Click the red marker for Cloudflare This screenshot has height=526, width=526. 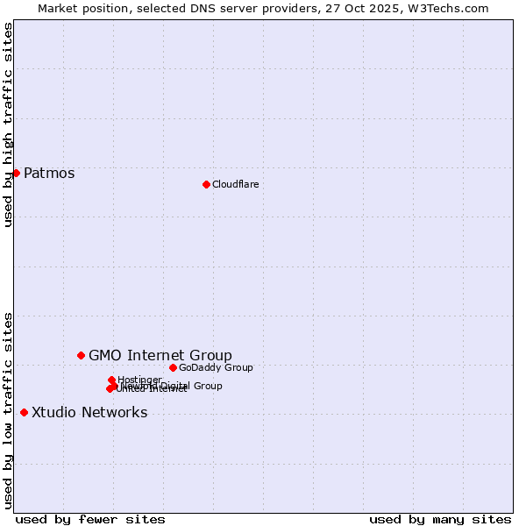click(206, 184)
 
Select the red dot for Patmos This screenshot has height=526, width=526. click(16, 173)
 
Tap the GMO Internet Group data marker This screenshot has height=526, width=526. click(81, 355)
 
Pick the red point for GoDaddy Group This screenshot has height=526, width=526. click(173, 367)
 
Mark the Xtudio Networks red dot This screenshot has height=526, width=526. click(24, 412)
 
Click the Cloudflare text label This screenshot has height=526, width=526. click(235, 184)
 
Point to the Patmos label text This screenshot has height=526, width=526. click(49, 173)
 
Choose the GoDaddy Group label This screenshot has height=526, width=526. click(216, 367)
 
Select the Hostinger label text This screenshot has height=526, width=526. click(140, 380)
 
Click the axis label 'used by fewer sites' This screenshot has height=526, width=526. click(90, 519)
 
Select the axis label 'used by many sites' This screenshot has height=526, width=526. click(440, 519)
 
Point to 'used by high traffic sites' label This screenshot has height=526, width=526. click(8, 124)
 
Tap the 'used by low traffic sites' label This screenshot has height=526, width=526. click(8, 410)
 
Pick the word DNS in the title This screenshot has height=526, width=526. click(203, 8)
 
